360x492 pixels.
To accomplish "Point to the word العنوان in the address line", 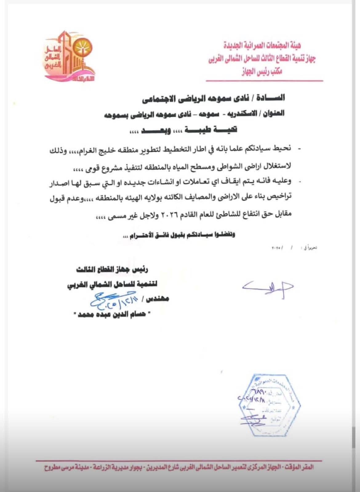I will click(273, 113).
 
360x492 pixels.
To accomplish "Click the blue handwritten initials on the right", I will click(267, 287).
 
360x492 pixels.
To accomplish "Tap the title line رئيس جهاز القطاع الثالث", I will click(113, 270).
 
